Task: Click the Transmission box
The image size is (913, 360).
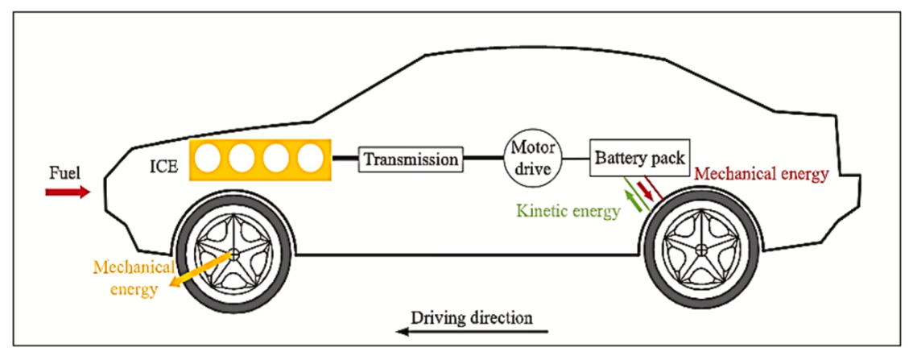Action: [x=411, y=159]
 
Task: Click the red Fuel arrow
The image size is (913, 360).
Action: [x=68, y=192]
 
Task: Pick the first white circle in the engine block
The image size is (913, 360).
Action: [x=208, y=159]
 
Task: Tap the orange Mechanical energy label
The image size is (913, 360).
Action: [x=129, y=277]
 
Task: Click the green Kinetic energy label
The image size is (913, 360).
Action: [x=569, y=212]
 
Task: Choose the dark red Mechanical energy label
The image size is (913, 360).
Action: [x=761, y=174]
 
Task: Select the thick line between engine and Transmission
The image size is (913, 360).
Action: [x=345, y=159]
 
